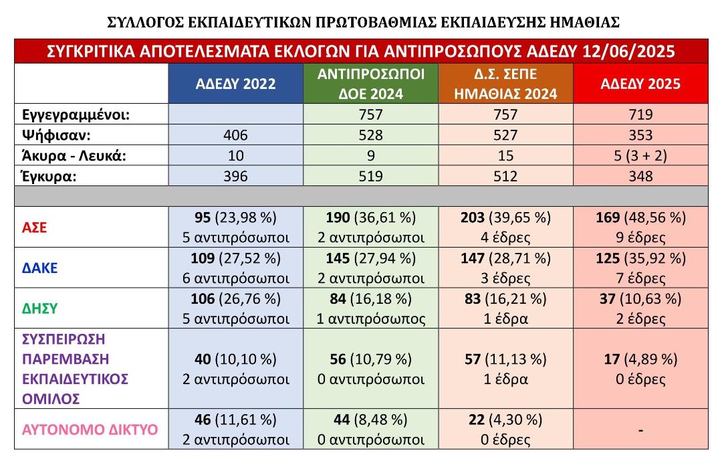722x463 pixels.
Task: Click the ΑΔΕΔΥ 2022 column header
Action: click(x=235, y=84)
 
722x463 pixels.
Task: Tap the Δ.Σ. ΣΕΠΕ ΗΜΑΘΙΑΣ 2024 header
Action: click(x=505, y=84)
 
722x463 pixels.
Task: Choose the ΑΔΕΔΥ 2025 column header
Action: click(x=640, y=84)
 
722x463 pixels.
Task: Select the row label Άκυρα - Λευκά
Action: click(x=70, y=156)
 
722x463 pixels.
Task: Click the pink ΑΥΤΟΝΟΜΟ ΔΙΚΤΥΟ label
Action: click(x=91, y=429)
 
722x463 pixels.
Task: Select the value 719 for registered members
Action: click(x=640, y=114)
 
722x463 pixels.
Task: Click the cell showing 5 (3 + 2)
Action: click(x=640, y=156)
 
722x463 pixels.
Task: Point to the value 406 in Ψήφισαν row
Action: click(x=235, y=135)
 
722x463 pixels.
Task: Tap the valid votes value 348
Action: click(x=640, y=177)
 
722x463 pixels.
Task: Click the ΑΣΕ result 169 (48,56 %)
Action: click(x=640, y=217)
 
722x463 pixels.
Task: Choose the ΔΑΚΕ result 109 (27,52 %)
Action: click(x=235, y=258)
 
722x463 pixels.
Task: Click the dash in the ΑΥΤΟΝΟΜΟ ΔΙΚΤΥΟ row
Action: click(x=640, y=430)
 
